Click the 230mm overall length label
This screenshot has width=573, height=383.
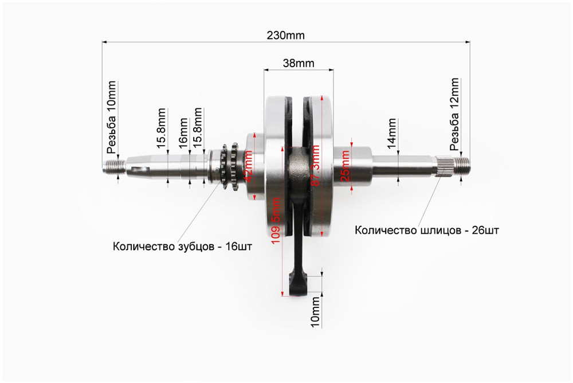click(x=285, y=35)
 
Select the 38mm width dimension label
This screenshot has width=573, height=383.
click(x=299, y=64)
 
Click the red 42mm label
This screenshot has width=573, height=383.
click(x=249, y=167)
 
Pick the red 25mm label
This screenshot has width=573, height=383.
click(x=345, y=166)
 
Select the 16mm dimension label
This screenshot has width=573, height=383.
click(x=184, y=133)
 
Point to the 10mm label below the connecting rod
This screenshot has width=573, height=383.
click(x=315, y=312)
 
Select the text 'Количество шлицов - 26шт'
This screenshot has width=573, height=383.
click(x=427, y=231)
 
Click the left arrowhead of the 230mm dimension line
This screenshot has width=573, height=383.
click(x=105, y=41)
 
